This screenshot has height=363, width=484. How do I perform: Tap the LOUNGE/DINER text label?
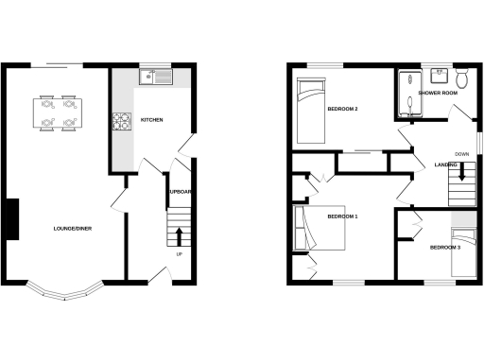tap(73, 229)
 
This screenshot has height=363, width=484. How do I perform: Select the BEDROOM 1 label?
tap(342, 217)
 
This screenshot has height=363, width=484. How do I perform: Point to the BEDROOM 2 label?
tap(342, 110)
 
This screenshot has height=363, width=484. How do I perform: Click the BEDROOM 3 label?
tap(445, 248)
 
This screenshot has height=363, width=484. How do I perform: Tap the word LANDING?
tap(446, 165)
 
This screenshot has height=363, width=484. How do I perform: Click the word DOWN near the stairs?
tap(461, 154)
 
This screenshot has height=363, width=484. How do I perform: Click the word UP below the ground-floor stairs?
tap(179, 253)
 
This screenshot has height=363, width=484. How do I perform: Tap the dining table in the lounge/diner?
tap(56, 112)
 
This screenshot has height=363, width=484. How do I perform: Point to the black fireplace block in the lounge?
tap(11, 219)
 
